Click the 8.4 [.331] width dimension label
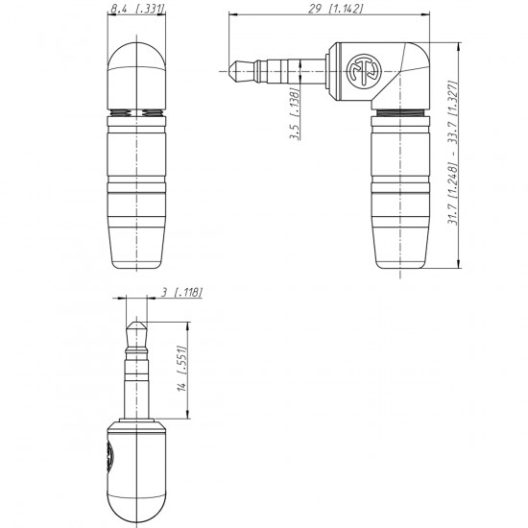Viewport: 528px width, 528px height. [137, 9]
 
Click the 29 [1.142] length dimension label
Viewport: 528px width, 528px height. [336, 9]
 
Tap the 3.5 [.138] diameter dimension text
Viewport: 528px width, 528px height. [295, 113]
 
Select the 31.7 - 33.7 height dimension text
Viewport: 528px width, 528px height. [452, 153]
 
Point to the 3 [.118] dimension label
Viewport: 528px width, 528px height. [181, 292]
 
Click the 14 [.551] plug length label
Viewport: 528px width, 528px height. [181, 368]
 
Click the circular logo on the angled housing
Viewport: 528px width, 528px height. [364, 71]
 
